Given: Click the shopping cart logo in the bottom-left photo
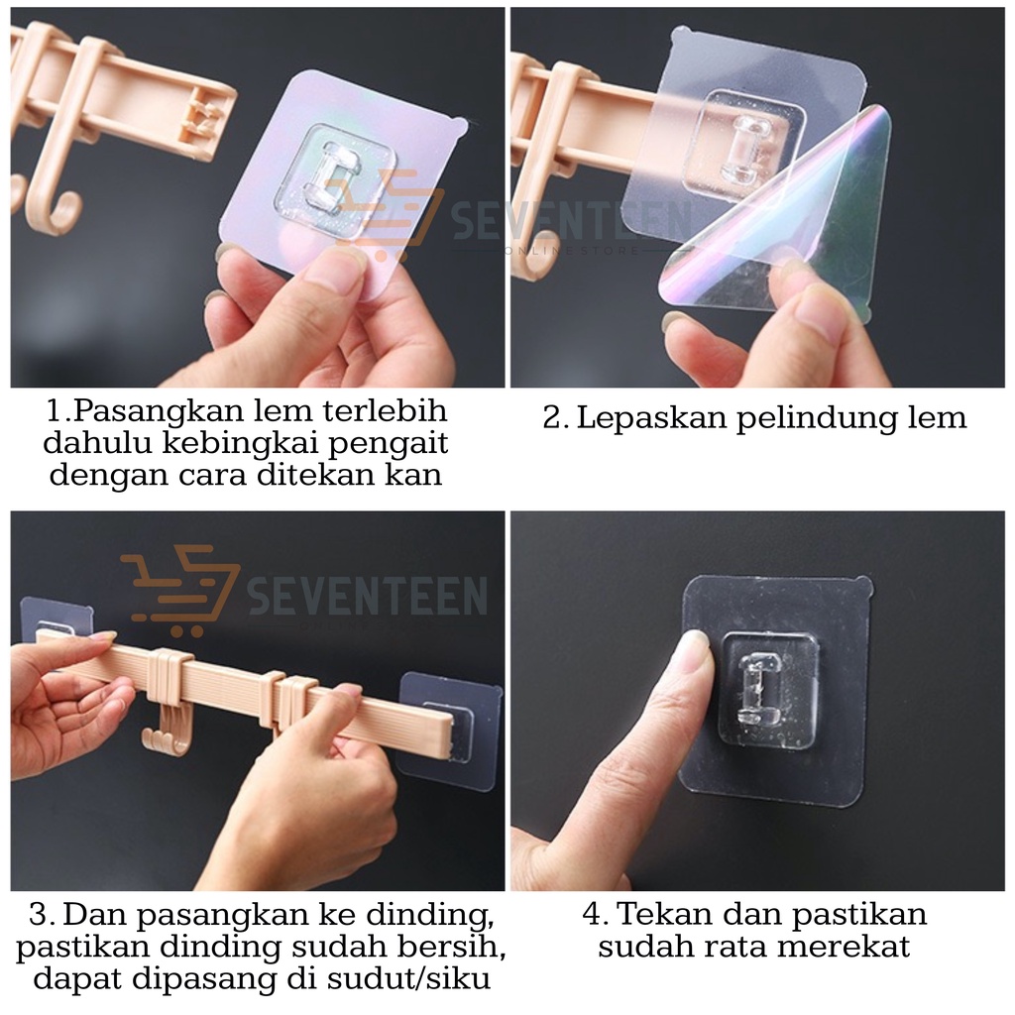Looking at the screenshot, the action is [180, 590].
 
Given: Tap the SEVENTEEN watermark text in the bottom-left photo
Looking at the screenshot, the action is [367, 596].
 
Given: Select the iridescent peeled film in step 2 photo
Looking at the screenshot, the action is [778, 221].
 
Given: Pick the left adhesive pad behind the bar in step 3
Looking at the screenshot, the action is [56, 617].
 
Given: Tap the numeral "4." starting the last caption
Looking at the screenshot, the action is [595, 915].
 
